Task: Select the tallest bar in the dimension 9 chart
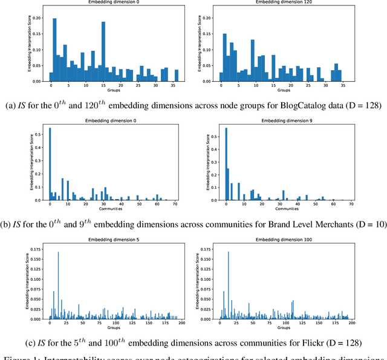[226, 163]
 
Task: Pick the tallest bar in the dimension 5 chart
[58, 285]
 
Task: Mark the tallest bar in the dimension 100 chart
[229, 285]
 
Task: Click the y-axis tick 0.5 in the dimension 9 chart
[213, 136]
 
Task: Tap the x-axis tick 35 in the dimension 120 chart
[339, 86]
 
